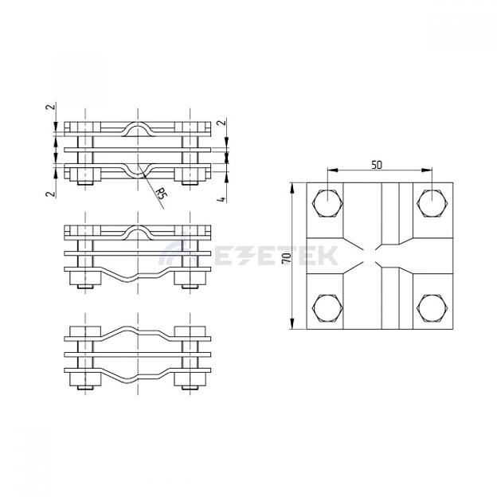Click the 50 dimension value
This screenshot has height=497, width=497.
point(377,165)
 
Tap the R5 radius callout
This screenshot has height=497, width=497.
point(161,193)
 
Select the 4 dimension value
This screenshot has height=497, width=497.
point(222,199)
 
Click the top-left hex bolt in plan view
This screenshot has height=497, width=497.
point(327,203)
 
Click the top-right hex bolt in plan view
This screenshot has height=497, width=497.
point(432,203)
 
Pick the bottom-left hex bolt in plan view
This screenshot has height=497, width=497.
point(327,308)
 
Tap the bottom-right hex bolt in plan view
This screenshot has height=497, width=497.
point(432,308)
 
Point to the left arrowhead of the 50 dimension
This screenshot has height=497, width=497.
point(332,170)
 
